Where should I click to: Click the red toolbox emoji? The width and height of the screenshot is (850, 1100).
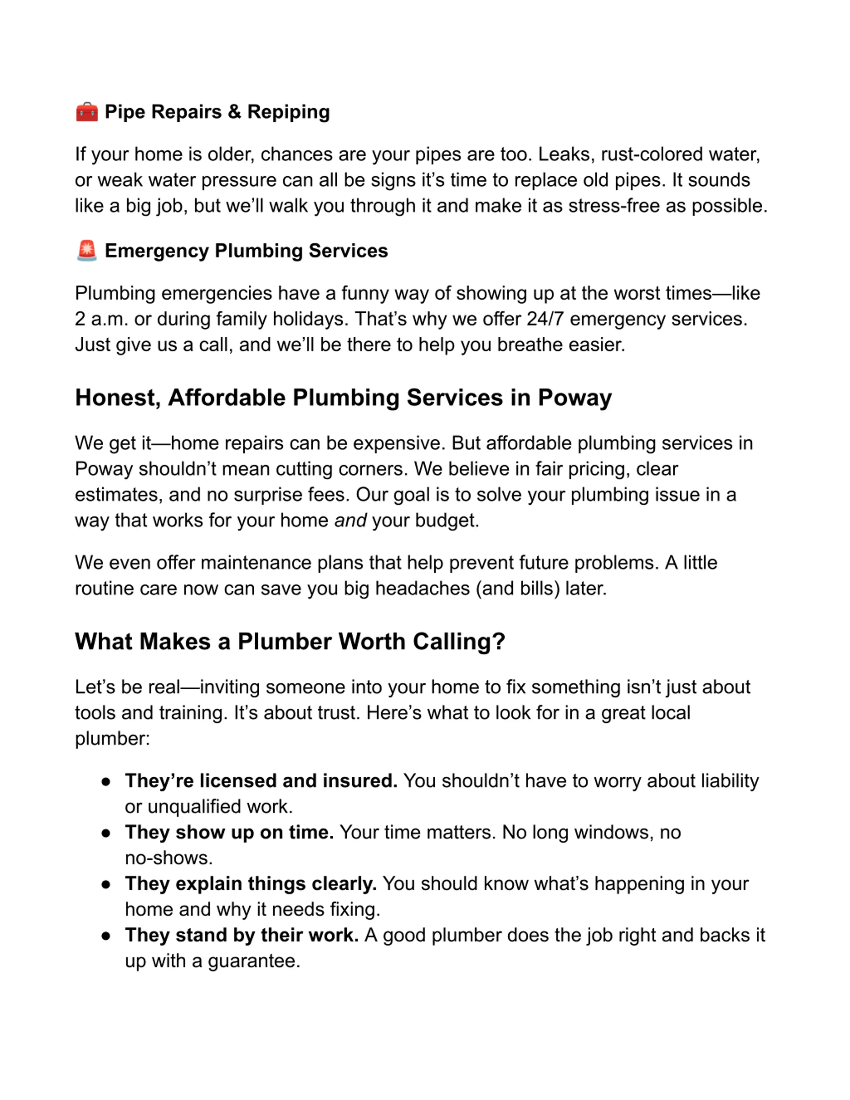87,112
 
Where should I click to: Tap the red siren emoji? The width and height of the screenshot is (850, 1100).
87,251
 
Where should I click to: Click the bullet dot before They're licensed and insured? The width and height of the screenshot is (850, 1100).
106,781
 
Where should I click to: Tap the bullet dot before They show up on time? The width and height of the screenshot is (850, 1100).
106,833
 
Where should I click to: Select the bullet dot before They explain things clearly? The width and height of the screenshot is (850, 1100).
106,884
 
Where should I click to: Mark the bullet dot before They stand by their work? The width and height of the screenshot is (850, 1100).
106,935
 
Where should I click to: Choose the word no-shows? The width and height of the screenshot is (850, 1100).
168,858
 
